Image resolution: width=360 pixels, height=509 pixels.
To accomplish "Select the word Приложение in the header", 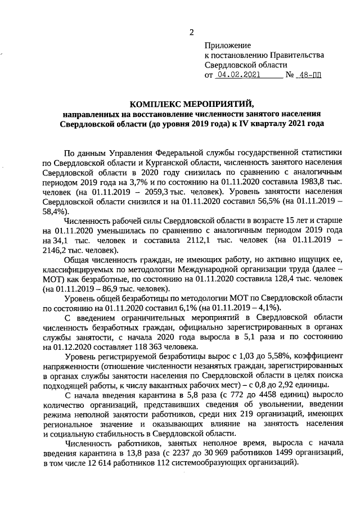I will (x=228, y=44).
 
